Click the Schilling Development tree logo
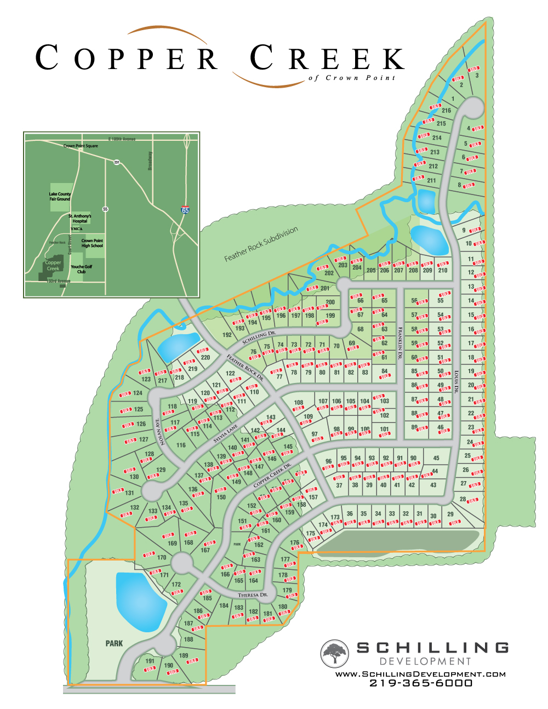(335, 653)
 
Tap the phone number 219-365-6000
(420, 683)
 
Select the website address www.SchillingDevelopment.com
(420, 674)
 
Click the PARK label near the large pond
(114, 643)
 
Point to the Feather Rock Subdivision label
(261, 244)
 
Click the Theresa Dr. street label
(253, 595)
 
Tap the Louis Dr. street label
(456, 382)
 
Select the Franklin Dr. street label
(401, 342)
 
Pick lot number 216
(446, 111)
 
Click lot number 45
(436, 458)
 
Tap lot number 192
(227, 335)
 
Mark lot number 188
(189, 639)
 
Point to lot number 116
(181, 445)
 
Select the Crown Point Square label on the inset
(81, 146)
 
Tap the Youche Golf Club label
(81, 269)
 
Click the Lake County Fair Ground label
(60, 196)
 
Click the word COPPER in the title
(126, 58)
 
